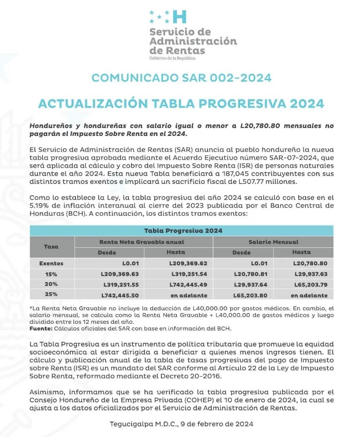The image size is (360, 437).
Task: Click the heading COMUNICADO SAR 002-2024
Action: (181, 78)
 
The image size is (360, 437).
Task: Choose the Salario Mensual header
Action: (273, 242)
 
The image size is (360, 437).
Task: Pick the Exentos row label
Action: (51, 263)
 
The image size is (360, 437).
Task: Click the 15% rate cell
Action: (51, 274)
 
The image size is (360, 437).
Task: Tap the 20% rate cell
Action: (51, 285)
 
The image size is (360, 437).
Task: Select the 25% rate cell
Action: (51, 295)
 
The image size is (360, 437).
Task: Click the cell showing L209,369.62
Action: (188, 263)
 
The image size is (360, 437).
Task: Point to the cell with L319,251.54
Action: (188, 274)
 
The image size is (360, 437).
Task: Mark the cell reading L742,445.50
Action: (120, 295)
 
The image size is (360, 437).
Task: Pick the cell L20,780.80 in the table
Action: (310, 263)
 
